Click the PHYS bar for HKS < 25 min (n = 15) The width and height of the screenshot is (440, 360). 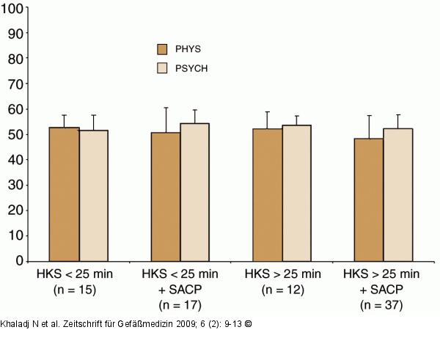click(65, 194)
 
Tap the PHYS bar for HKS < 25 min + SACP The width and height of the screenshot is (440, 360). click(166, 196)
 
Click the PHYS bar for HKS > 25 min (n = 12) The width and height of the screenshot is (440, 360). click(268, 194)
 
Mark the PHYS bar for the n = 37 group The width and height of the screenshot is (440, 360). click(369, 199)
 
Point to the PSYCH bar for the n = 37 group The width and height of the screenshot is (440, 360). click(397, 194)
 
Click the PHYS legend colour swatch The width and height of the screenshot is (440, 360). click(163, 49)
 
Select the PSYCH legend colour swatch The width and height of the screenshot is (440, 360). click(163, 68)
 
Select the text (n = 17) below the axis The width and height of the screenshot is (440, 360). click(180, 304)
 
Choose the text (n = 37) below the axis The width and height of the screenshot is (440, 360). click(383, 304)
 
